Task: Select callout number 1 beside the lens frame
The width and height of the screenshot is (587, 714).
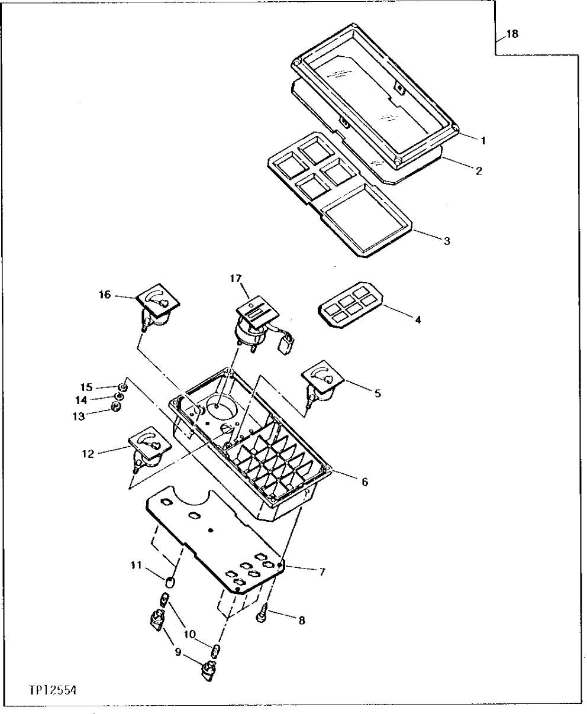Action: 483,141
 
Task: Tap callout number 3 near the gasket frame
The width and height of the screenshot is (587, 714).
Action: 447,241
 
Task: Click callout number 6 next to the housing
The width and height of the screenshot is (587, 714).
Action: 365,482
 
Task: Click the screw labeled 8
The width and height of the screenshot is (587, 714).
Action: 260,616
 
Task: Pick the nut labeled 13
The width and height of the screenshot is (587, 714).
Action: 117,406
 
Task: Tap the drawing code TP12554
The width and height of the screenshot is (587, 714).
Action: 53,690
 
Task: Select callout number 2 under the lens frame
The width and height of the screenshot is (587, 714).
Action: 479,171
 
